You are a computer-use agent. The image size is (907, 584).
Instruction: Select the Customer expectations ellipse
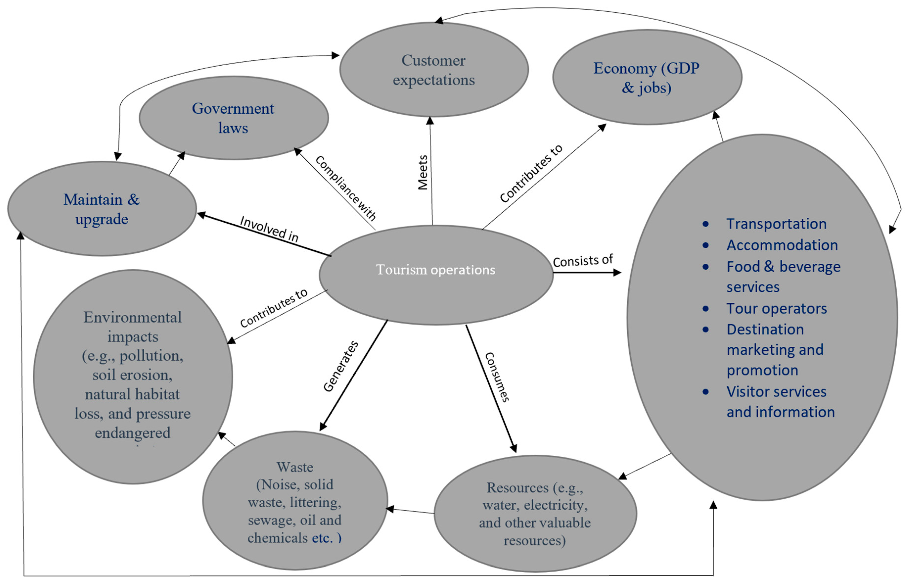point(434,70)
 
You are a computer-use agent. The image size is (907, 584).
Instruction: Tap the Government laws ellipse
point(233,118)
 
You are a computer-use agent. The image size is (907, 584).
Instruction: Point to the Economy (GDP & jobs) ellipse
point(647,77)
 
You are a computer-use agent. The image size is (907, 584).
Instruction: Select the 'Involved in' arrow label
point(269,229)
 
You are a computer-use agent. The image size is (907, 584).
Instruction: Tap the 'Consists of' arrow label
point(583,261)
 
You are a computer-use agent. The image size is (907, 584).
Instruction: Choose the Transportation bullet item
point(776,224)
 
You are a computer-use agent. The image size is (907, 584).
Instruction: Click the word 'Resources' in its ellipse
point(517,488)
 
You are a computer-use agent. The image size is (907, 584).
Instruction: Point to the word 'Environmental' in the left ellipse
point(132,317)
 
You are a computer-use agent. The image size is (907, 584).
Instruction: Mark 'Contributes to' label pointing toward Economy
point(531,174)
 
